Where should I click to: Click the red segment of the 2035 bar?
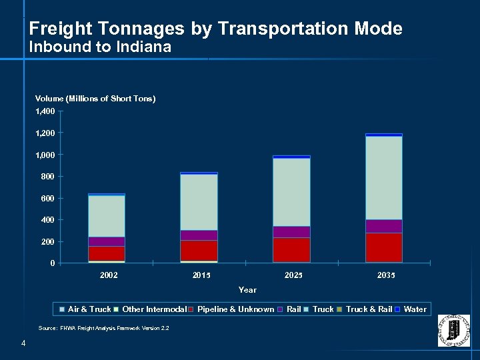point(383,247)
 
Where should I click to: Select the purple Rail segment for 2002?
point(106,241)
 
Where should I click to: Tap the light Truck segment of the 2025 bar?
point(291,192)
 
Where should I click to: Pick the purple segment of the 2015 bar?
point(199,235)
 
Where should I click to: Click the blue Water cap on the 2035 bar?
point(383,135)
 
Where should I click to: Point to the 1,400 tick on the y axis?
point(45,111)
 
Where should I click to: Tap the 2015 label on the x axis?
point(199,275)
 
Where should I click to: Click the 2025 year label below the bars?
point(291,275)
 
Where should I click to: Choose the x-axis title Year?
point(247,290)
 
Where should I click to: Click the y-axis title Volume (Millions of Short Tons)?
point(95,99)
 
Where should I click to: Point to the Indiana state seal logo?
point(453,330)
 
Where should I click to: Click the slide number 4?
point(23,343)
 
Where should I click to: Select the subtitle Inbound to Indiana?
point(100,47)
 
